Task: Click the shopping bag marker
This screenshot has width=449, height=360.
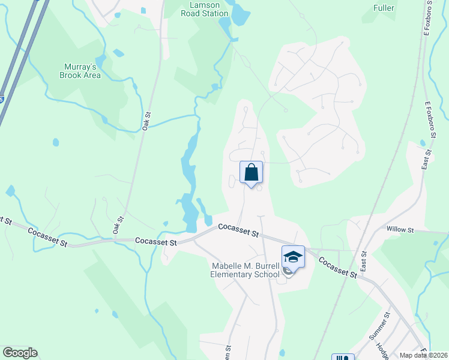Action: point(252,172)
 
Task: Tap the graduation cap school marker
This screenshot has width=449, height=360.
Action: point(293,257)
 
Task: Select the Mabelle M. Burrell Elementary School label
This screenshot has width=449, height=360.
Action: point(246,271)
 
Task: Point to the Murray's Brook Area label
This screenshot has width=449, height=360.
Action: point(80,71)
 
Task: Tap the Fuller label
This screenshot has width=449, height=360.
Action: point(384,8)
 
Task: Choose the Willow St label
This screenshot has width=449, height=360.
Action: point(400,230)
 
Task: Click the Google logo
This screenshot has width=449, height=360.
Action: point(20,353)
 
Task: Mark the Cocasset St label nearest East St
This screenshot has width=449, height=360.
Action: point(338,268)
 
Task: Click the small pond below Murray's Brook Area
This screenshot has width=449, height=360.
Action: point(56,142)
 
